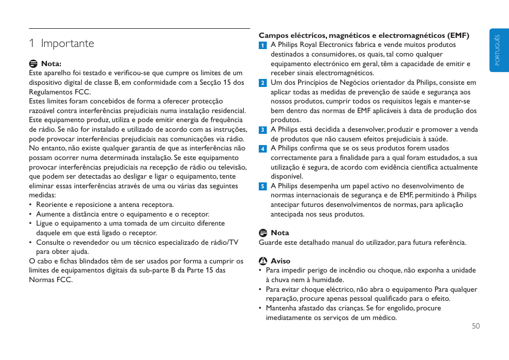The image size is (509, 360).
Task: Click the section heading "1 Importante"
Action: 61,43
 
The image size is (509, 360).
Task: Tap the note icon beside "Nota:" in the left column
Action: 33,63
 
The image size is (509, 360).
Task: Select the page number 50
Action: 475,326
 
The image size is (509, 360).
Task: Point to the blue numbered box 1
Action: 263,45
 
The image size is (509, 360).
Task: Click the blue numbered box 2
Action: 263,83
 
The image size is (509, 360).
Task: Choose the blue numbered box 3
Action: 263,130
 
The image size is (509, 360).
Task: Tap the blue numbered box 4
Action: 263,149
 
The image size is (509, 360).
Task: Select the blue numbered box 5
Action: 263,186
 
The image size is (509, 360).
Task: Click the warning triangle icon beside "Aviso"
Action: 263,262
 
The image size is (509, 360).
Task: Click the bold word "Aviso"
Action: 281,262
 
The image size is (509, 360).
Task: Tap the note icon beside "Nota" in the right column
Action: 263,233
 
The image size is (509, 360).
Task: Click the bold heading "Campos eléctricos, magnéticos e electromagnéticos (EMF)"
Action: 364,36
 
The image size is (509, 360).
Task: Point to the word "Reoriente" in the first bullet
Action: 51,205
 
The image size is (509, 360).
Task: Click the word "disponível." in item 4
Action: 287,177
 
